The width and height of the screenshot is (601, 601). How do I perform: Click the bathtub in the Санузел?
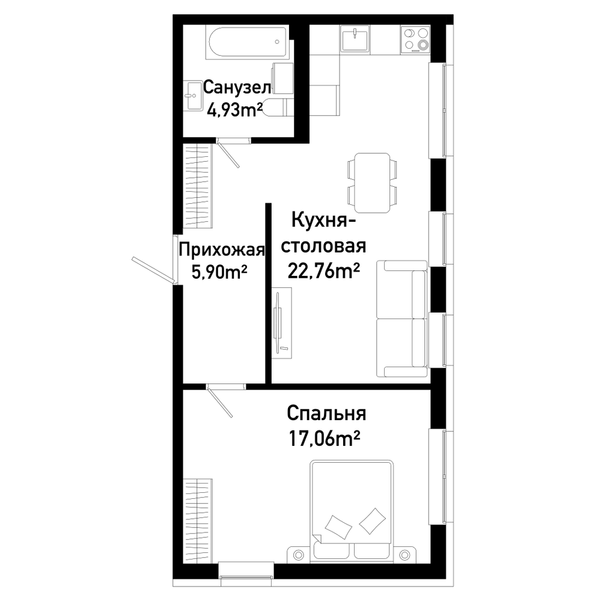coord(247,42)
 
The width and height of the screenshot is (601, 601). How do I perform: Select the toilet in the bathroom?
coord(279,108)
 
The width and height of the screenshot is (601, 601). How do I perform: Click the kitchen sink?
coord(355,38)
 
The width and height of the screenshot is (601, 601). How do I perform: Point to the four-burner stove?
coord(415,39)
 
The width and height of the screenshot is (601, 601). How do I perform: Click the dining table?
coord(373,183)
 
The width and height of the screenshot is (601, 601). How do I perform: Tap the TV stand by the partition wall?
coord(282,322)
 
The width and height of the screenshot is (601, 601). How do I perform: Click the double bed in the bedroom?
coord(352,510)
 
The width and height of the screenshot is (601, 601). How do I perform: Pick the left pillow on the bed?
coord(338,528)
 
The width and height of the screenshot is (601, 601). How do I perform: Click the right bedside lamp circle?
coord(404,555)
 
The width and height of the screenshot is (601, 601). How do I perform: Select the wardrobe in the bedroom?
coord(198,521)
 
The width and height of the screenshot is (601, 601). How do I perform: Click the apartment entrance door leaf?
coord(153,270)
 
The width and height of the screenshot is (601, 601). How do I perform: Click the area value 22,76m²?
coord(324,272)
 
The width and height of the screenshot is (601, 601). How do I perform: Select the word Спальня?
coord(326,414)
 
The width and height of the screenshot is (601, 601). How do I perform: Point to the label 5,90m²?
coord(219,273)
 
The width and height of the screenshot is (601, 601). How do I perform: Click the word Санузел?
coord(237,87)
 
